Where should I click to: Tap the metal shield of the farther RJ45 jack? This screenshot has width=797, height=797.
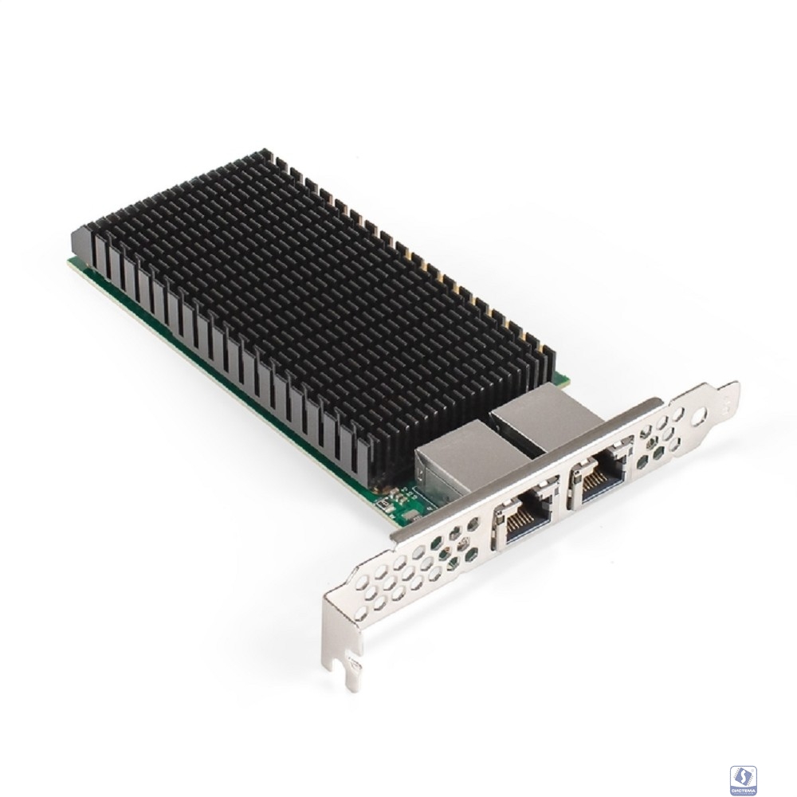point(542,414)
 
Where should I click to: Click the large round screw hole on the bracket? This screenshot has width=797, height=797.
point(700,416)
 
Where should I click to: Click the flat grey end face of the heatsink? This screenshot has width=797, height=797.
point(80,239)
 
